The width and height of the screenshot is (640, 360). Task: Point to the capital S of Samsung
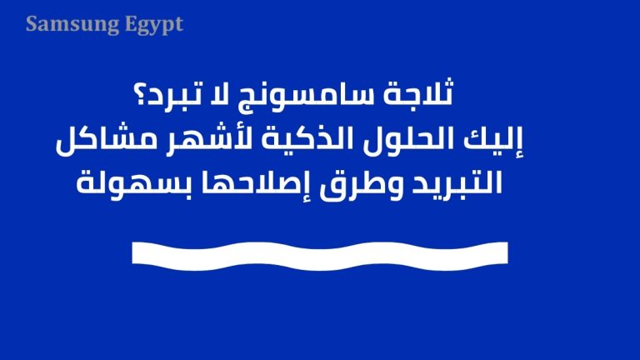[31, 24]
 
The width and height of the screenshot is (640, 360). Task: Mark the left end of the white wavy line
[135, 252]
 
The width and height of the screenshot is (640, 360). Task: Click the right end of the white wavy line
[505, 252]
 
